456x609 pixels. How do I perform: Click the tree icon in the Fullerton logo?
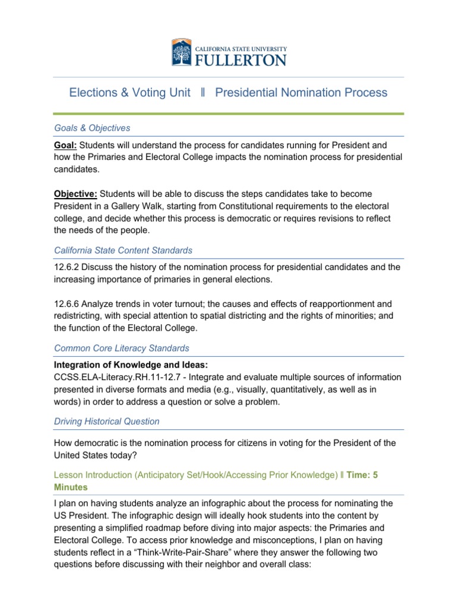(182, 52)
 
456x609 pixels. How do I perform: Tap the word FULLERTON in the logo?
(241, 59)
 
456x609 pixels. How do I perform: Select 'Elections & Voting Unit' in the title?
(129, 93)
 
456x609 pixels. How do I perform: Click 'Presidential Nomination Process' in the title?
(301, 93)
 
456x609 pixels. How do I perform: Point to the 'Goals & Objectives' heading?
(92, 128)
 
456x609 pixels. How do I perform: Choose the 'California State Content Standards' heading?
(123, 250)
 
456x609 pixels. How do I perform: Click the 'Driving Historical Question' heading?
(106, 421)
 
